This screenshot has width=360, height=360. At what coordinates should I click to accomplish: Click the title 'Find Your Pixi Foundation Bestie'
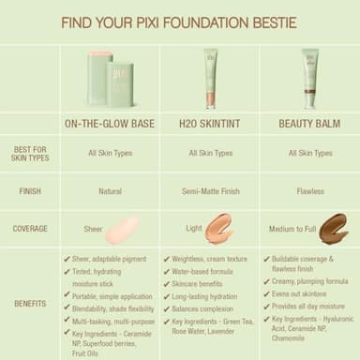(x=179, y=22)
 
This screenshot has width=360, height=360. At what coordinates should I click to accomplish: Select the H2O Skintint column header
(x=210, y=122)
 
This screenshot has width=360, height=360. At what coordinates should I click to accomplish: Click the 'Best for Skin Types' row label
(x=30, y=152)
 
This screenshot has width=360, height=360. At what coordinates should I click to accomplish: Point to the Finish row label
(x=30, y=190)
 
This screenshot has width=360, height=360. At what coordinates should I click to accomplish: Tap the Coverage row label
(x=30, y=228)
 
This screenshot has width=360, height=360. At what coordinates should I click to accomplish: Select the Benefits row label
(x=30, y=303)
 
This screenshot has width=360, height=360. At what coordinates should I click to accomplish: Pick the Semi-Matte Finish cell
(x=210, y=190)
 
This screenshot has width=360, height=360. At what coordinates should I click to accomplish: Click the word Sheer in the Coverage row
(x=94, y=228)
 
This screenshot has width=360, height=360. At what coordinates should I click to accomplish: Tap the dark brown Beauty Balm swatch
(x=333, y=228)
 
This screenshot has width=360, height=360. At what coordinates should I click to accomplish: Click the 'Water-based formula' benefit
(x=201, y=272)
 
